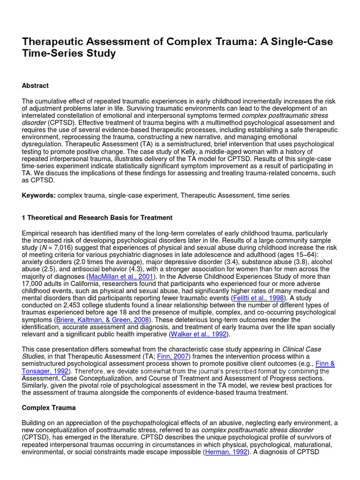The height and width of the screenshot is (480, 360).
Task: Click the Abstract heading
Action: coord(35,86)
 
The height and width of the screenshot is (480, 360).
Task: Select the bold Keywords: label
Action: coord(39,195)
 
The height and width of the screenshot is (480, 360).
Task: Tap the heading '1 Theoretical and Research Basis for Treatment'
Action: coord(97,217)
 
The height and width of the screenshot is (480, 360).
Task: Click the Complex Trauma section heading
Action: coord(49,408)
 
